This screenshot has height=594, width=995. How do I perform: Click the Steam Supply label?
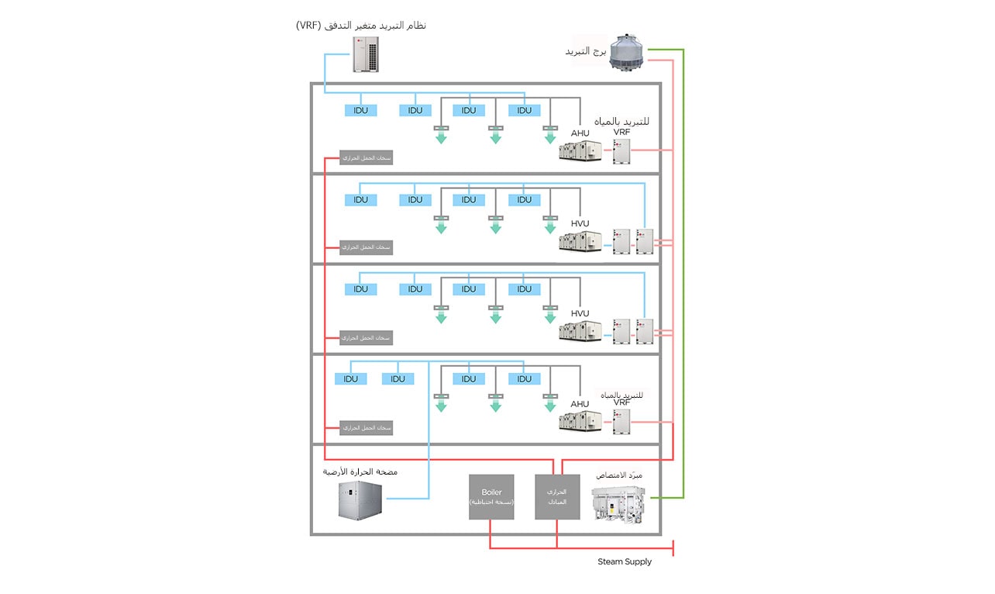point(624,561)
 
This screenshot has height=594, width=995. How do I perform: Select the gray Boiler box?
point(491,496)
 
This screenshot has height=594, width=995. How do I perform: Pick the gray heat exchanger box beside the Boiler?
point(557,496)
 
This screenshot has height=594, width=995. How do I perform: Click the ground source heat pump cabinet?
point(360,500)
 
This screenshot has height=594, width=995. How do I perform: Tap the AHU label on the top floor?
point(580,133)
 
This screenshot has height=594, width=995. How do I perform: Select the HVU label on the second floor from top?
point(580,223)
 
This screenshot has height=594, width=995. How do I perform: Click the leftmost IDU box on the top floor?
point(360,111)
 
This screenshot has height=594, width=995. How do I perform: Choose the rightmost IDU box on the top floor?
point(525,111)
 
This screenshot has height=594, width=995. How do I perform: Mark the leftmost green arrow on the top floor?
point(441,137)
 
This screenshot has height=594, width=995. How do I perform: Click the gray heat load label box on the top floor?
point(366,158)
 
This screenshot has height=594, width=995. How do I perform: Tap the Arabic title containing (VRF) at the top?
point(361,26)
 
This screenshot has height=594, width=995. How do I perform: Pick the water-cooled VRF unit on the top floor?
point(621,150)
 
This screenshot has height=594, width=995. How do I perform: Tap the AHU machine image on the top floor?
point(580,150)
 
